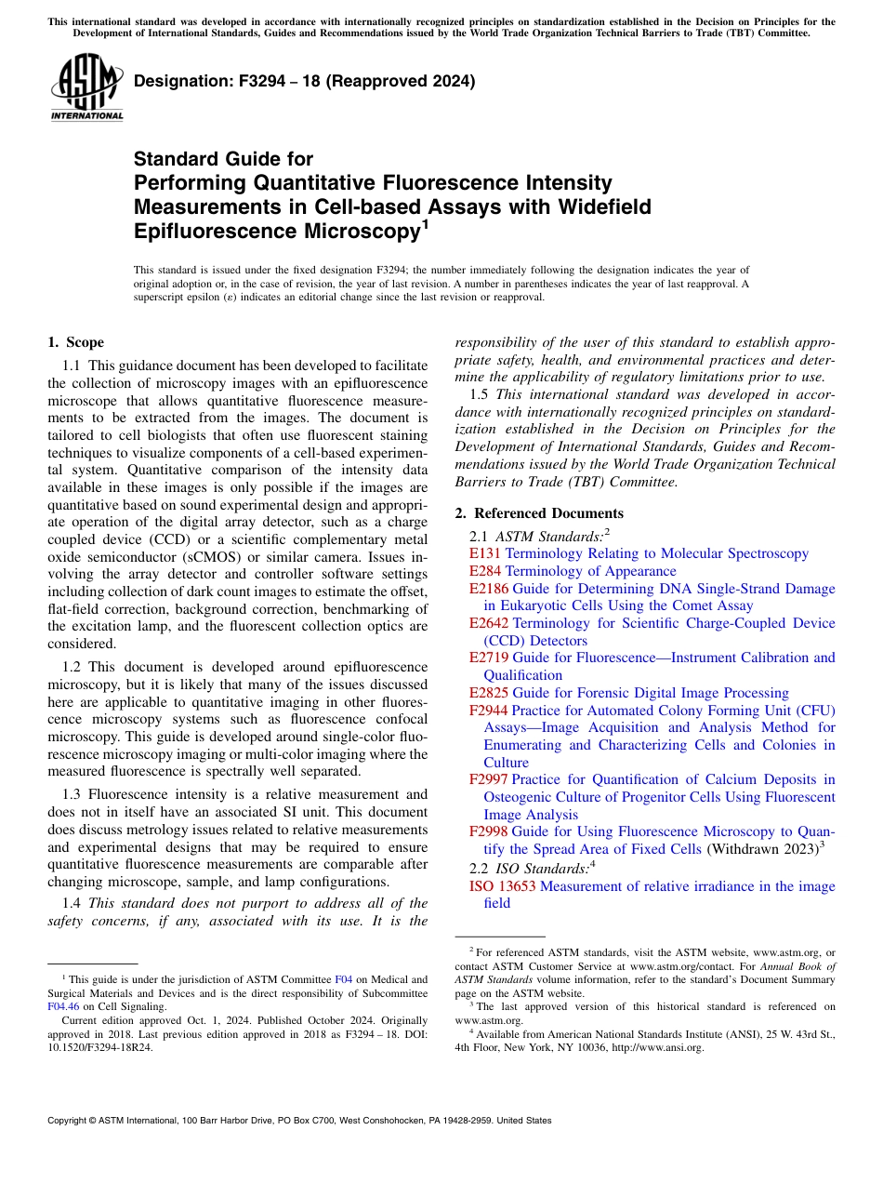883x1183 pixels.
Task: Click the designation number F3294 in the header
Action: click(238, 81)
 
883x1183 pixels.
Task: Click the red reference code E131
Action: click(485, 553)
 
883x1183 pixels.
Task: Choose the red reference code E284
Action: click(485, 571)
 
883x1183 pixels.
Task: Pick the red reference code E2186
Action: click(489, 589)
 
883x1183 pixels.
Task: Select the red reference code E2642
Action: click(489, 623)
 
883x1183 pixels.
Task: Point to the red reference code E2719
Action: click(489, 658)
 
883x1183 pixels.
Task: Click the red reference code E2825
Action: click(489, 693)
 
